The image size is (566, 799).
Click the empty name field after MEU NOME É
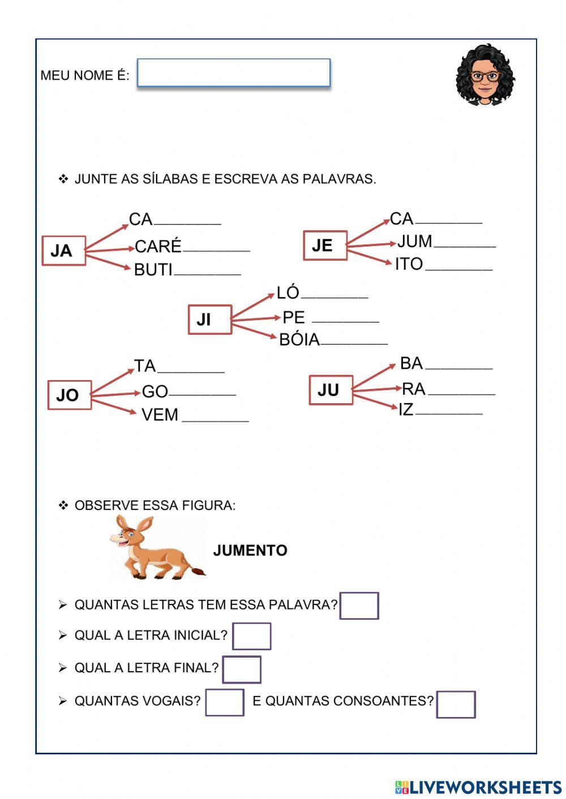(x=233, y=73)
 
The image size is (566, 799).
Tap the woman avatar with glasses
(x=485, y=75)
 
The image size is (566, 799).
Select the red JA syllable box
(x=63, y=251)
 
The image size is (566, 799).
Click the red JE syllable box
(x=325, y=245)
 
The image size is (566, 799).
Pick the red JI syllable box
(x=209, y=319)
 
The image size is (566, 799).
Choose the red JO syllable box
(x=69, y=395)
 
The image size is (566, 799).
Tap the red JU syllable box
(x=331, y=390)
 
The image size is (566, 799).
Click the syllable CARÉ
(x=158, y=247)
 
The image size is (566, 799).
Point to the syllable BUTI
(x=153, y=270)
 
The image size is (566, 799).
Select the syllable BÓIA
(x=299, y=339)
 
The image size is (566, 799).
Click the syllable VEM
(x=160, y=415)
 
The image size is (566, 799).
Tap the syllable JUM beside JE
(x=415, y=241)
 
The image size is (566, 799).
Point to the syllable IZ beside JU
(x=406, y=409)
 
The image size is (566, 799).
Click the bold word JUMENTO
(x=250, y=550)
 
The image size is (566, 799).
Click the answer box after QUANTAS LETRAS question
(x=359, y=606)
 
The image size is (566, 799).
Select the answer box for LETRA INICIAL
(x=251, y=636)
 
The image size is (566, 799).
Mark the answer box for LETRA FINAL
(x=242, y=670)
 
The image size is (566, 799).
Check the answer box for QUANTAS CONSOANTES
(x=456, y=704)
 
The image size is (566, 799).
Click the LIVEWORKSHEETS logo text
(x=485, y=787)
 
